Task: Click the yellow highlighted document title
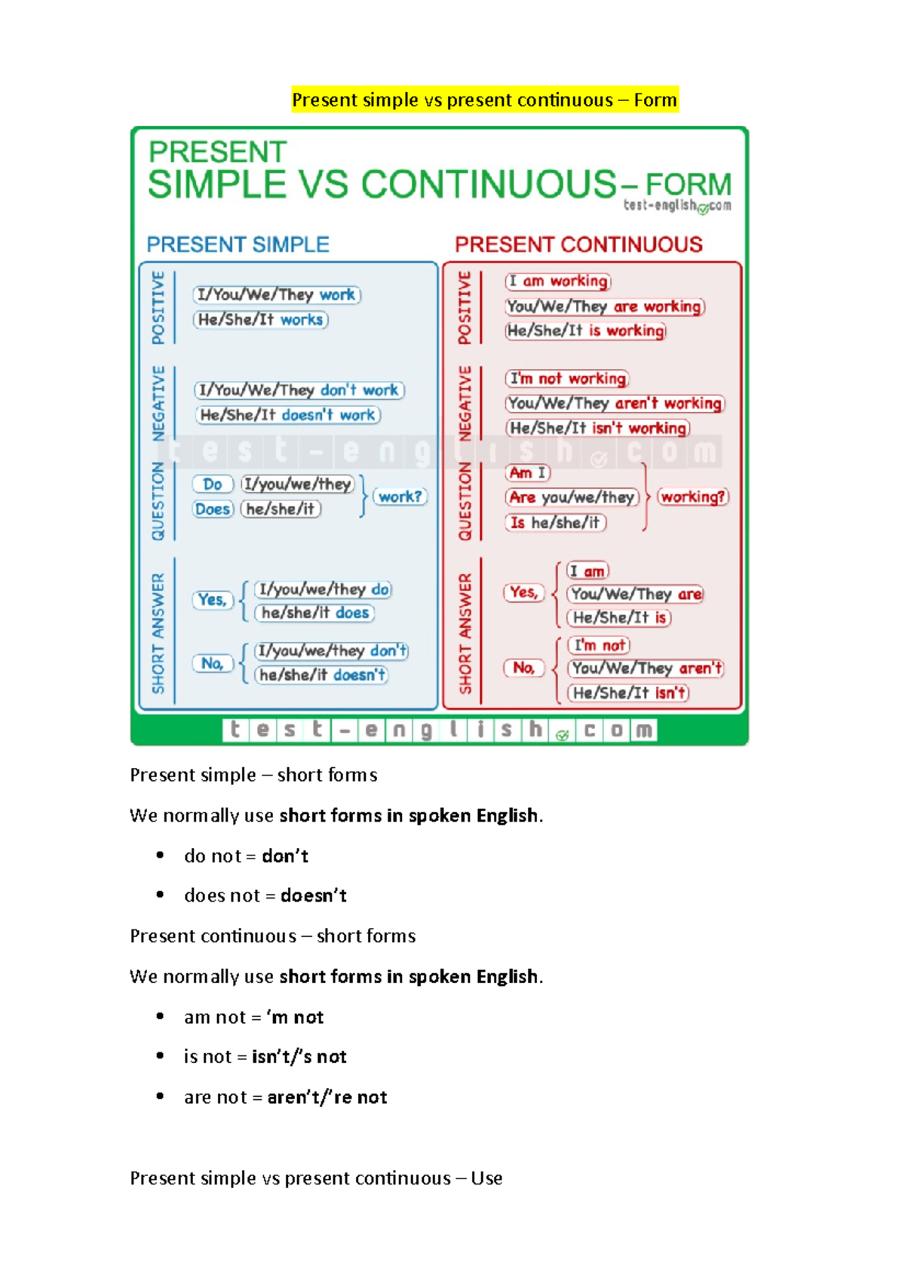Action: click(485, 100)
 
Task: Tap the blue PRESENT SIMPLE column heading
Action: click(238, 244)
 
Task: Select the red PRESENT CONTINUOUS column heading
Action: click(578, 244)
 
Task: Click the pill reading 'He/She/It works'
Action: click(261, 320)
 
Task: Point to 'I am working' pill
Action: click(558, 281)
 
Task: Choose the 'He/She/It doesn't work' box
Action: click(287, 415)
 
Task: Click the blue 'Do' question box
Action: click(213, 484)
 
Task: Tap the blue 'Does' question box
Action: click(213, 509)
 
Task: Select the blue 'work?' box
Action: click(400, 497)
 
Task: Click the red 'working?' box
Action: click(693, 497)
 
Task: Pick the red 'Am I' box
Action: click(527, 473)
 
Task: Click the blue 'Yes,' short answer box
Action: click(213, 600)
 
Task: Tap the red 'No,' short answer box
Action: click(523, 668)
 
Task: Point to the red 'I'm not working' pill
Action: click(567, 379)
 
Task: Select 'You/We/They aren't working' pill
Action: click(615, 404)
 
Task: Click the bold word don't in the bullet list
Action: click(285, 856)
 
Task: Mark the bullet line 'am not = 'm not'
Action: click(253, 1018)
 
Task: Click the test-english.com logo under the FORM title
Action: click(677, 206)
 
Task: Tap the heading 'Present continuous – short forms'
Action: click(272, 936)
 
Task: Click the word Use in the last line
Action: click(486, 1178)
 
